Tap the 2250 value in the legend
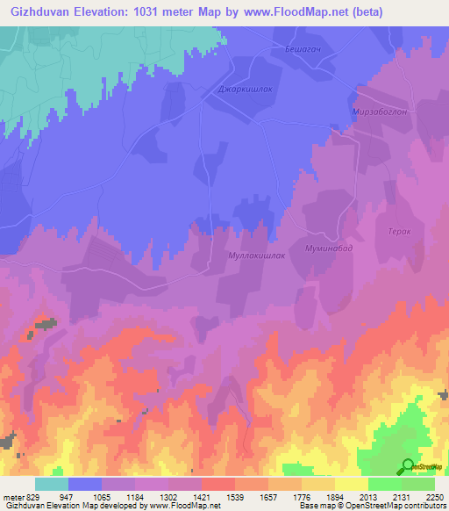[434, 496]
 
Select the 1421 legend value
[202, 496]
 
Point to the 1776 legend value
[302, 496]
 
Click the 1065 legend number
[102, 496]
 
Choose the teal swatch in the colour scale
[52, 484]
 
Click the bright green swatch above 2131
[384, 484]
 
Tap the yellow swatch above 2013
[351, 484]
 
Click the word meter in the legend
[11, 496]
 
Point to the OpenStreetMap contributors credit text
[396, 506]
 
